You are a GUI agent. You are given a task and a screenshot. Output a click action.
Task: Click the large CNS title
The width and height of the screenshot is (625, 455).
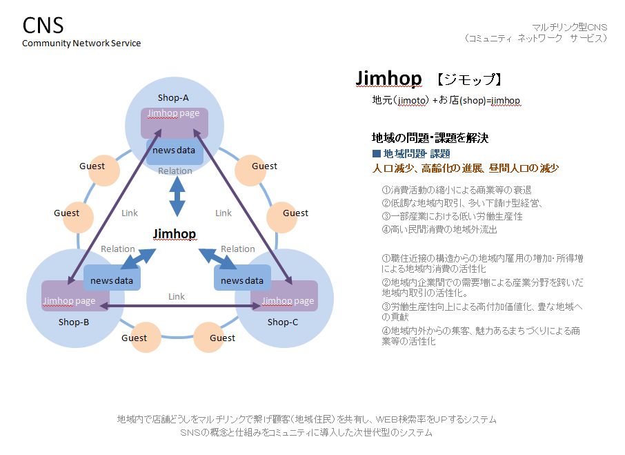(x=43, y=26)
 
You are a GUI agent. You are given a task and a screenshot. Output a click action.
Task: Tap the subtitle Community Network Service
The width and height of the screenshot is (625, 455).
(x=81, y=43)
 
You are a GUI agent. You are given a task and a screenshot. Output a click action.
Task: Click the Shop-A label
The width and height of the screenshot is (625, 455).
(x=173, y=98)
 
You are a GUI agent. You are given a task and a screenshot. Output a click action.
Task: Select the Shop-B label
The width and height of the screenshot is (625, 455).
(x=74, y=322)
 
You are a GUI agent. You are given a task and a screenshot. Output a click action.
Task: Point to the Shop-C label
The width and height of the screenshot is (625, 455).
(x=283, y=322)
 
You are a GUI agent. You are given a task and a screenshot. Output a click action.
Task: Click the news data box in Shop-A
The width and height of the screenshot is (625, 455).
(x=175, y=151)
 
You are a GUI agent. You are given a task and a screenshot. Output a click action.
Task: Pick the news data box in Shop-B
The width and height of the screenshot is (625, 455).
(x=112, y=278)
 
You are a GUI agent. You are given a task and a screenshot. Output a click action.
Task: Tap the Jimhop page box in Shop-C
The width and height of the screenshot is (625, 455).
(x=284, y=296)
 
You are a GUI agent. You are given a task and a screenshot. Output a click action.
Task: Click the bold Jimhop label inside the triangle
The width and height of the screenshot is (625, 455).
(x=175, y=233)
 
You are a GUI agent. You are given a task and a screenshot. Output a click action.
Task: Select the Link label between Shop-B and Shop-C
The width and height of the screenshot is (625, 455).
(x=176, y=297)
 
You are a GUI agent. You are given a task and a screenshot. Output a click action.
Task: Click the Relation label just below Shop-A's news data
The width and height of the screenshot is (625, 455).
(x=175, y=171)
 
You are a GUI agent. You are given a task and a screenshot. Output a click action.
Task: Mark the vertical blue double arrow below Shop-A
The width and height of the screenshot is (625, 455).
(x=177, y=196)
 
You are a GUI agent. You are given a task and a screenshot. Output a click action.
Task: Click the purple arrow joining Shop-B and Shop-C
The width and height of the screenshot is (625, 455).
(x=180, y=306)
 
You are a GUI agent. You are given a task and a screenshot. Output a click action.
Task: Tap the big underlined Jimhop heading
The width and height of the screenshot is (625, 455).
(x=388, y=78)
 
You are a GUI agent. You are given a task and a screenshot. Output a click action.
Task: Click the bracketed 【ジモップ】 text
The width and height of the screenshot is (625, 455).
(x=469, y=79)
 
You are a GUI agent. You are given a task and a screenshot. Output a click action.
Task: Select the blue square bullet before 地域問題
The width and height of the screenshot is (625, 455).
(x=376, y=153)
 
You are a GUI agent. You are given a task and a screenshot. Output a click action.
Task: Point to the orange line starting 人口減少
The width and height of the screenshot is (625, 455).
(x=465, y=168)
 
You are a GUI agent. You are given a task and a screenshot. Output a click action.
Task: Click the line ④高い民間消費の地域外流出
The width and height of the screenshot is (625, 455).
(x=439, y=229)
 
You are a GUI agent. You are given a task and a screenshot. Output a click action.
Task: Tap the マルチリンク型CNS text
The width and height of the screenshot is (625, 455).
(x=570, y=27)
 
